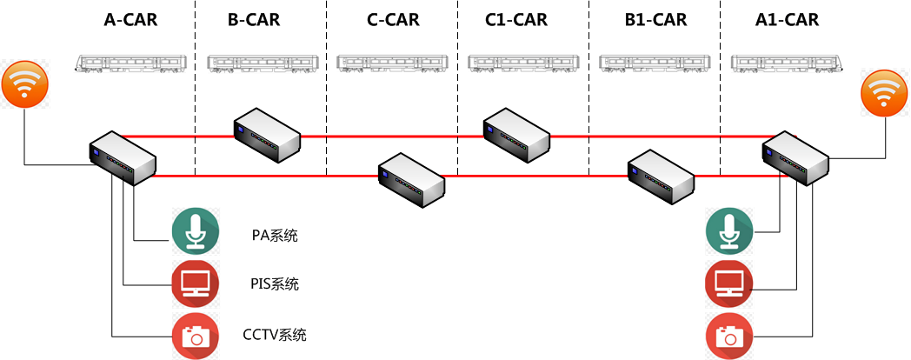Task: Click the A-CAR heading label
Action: click(x=130, y=19)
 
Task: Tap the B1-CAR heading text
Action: click(x=655, y=19)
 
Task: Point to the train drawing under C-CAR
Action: click(x=391, y=61)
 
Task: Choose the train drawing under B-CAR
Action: click(x=260, y=61)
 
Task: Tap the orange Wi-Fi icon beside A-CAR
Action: click(x=23, y=84)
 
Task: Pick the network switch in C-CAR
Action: click(x=411, y=178)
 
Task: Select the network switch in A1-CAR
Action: click(x=795, y=160)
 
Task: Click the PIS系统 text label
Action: click(x=274, y=284)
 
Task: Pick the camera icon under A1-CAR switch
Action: click(x=728, y=335)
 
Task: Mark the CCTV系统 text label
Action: click(x=275, y=335)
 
